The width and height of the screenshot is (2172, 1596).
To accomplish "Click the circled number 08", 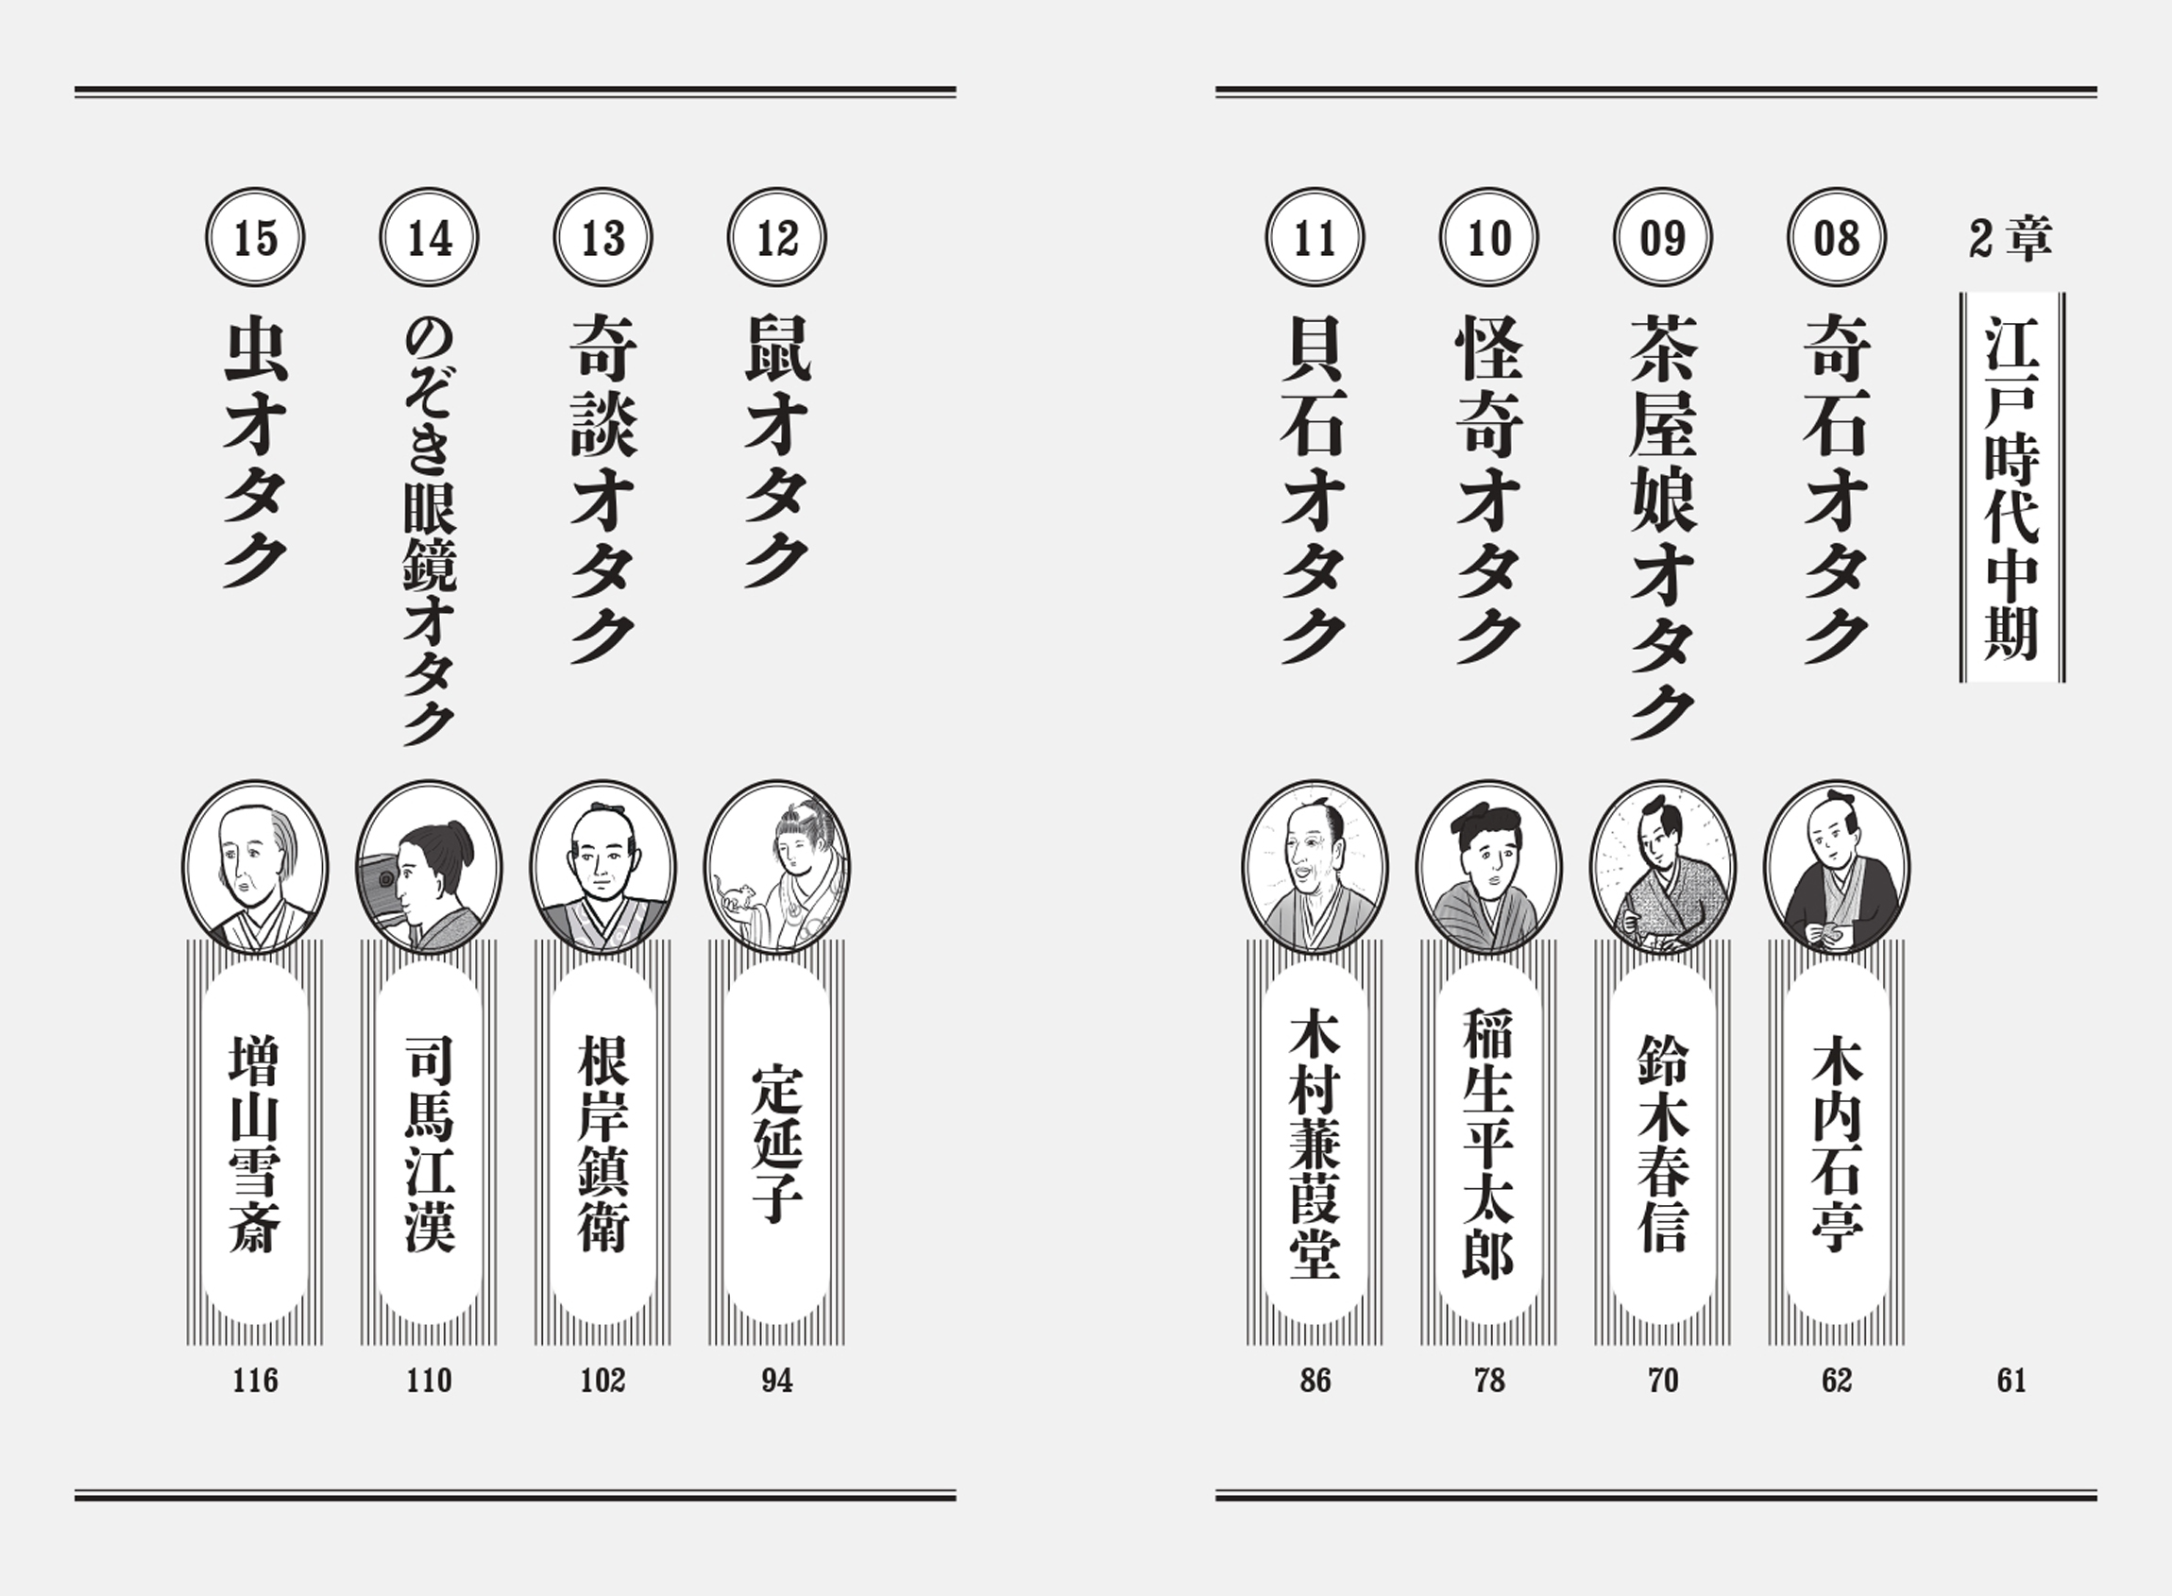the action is tap(1836, 238).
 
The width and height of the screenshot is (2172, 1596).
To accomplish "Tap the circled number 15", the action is tap(255, 238).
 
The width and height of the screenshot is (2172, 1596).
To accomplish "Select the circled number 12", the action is tap(777, 238).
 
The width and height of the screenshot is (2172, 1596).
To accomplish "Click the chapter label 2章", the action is tap(2011, 239).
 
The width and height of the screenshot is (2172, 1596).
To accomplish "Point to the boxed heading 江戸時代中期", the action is tap(2011, 488).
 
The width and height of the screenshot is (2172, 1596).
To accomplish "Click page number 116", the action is tap(255, 1381).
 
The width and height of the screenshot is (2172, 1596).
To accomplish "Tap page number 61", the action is tap(2011, 1381).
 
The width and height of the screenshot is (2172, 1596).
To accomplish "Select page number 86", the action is tap(1315, 1381).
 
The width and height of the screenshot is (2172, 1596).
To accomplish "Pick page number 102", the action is tap(602, 1381).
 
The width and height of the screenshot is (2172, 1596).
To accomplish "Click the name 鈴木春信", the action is tap(1663, 1144).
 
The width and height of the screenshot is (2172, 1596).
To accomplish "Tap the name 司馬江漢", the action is tap(429, 1144).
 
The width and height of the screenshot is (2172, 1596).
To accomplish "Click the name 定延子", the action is tap(777, 1144).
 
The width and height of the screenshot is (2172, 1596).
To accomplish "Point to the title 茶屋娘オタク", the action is tap(1663, 527).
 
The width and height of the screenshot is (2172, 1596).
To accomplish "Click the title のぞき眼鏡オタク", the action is tap(429, 533).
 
